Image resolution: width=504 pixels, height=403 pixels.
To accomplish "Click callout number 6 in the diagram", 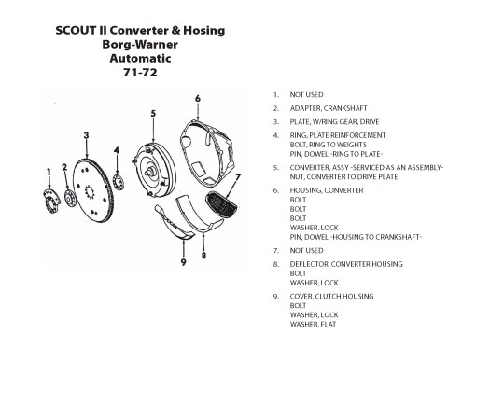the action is tap(198, 98).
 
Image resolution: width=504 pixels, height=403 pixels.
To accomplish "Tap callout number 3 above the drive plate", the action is tap(86, 135).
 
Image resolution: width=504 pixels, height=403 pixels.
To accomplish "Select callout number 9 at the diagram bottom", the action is tap(184, 262).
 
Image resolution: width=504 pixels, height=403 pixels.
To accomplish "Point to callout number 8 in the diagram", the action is tap(203, 256).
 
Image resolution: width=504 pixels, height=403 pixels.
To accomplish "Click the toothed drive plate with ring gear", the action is tap(92, 190).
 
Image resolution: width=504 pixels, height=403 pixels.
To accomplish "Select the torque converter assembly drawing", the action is tap(155, 171).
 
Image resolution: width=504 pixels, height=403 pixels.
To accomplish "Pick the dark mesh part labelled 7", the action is tap(221, 205).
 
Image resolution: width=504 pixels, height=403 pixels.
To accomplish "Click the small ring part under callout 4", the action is tap(119, 182).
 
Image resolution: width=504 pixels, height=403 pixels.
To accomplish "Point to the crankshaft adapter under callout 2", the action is tap(70, 199).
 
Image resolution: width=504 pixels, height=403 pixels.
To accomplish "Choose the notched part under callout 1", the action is tap(51, 201).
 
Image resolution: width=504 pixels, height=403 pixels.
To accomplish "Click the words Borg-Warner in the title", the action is tap(140, 45).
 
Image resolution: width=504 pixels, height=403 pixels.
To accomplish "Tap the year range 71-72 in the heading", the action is tap(140, 73).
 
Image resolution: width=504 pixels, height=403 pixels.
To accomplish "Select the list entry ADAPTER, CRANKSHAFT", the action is tap(329, 108).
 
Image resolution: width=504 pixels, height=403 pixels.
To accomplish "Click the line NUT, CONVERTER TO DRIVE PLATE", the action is tap(343, 176).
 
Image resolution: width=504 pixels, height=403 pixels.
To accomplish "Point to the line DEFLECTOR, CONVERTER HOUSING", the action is tap(346, 264).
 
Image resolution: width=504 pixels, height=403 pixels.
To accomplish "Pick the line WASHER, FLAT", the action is tap(313, 324).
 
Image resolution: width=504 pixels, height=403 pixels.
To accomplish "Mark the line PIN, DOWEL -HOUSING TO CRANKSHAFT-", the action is tap(356, 237).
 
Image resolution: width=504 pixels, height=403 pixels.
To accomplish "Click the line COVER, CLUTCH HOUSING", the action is tap(331, 296).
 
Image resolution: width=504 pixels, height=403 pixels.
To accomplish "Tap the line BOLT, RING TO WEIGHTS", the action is tap(329, 145).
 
